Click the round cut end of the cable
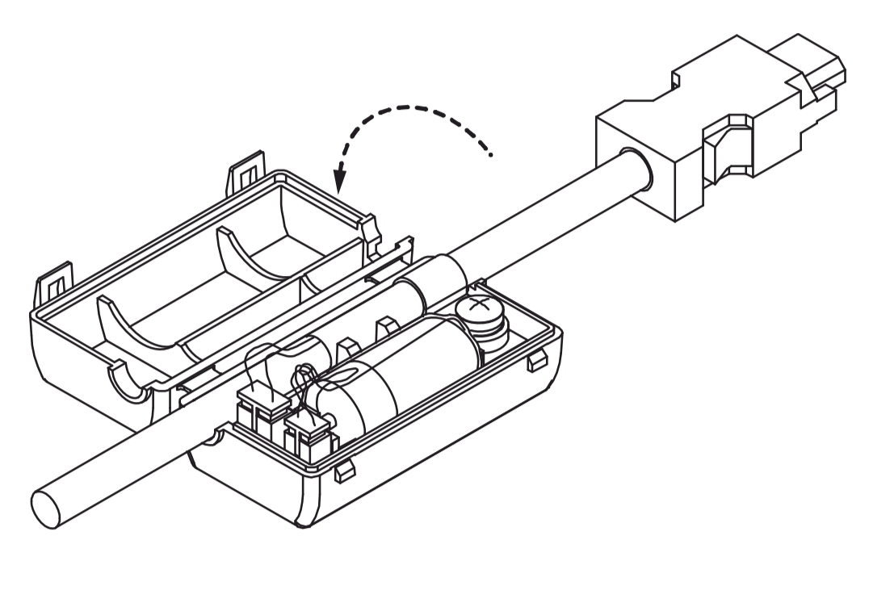click(x=45, y=508)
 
